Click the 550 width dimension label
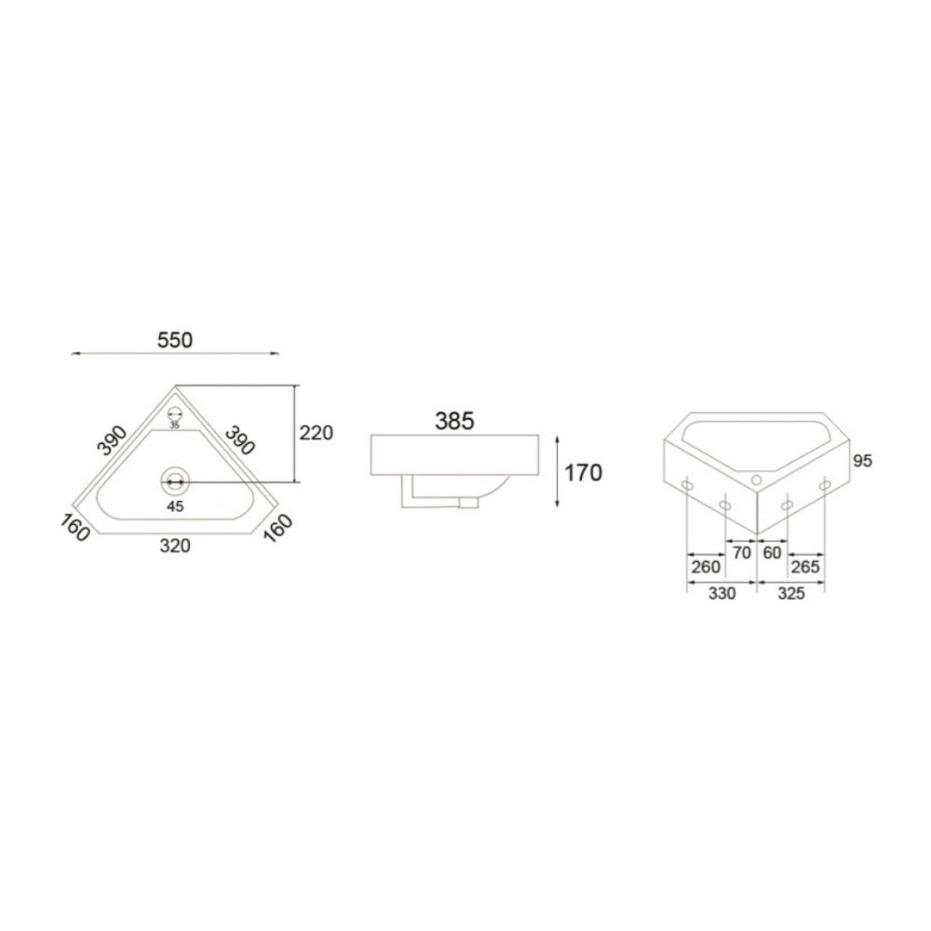175,340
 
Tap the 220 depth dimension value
316,433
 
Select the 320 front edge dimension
175,545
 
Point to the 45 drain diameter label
175,506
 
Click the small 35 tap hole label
175,425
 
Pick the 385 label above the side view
455,421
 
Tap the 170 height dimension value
583,473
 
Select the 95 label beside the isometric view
862,461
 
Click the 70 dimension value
742,553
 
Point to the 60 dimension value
772,553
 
